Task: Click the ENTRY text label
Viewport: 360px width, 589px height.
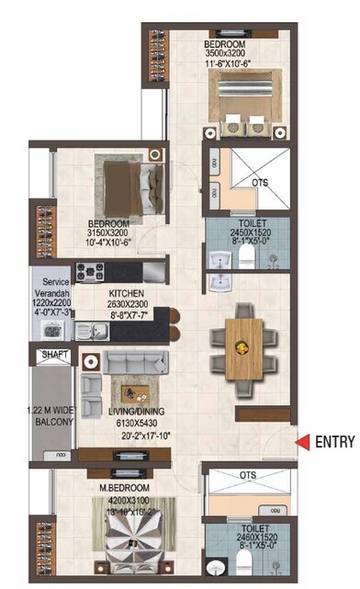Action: point(334,442)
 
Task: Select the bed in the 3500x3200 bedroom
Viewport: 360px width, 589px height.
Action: point(244,99)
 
